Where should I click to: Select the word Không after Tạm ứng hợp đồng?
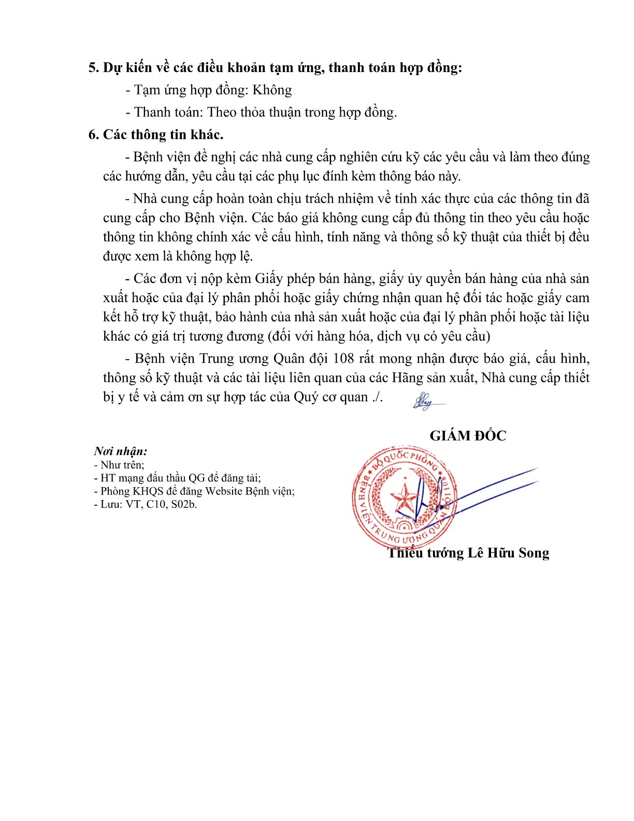click(x=272, y=90)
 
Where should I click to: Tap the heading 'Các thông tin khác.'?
click(x=163, y=135)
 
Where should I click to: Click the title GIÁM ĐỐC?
click(x=468, y=436)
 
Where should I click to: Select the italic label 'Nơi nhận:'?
click(x=121, y=451)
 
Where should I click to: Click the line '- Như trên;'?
click(x=119, y=465)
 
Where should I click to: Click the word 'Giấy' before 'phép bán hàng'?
click(x=268, y=279)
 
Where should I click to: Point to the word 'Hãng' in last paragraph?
click(x=409, y=378)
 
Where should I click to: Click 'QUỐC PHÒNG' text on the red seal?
click(x=414, y=459)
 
